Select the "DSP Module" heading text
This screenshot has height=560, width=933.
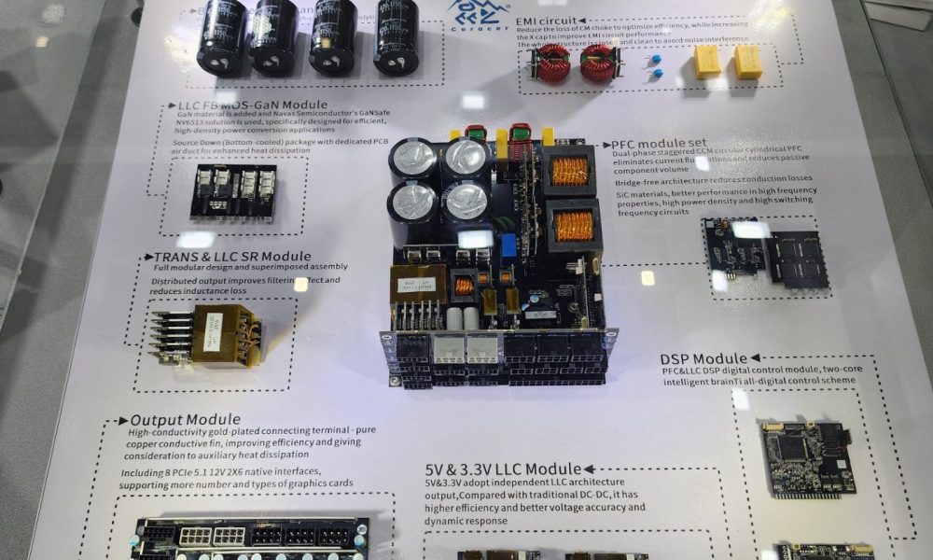(703, 358)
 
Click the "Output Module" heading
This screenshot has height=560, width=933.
(185, 420)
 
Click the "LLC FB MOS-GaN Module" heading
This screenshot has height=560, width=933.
(252, 105)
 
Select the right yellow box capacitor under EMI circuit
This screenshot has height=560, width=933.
(747, 62)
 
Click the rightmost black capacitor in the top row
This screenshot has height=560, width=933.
(397, 37)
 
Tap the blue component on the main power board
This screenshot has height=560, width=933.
(508, 245)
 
